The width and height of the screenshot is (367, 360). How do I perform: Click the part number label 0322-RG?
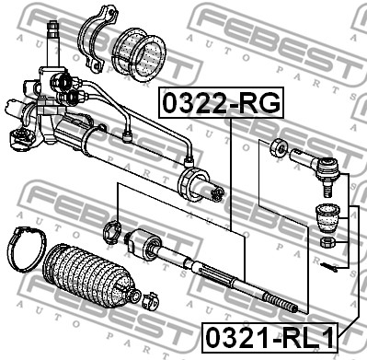pyautogui.click(x=221, y=103)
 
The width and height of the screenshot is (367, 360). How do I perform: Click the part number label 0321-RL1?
pyautogui.click(x=270, y=337)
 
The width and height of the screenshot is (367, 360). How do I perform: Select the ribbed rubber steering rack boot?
pyautogui.click(x=89, y=276)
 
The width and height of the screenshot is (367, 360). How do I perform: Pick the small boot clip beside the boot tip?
pyautogui.click(x=150, y=299)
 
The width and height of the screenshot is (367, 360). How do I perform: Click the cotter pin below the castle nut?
pyautogui.click(x=328, y=267)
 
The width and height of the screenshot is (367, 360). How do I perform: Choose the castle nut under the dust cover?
pyautogui.click(x=327, y=243)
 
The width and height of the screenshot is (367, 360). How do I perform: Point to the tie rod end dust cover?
pyautogui.click(x=327, y=217)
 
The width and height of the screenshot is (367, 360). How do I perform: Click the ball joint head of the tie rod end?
pyautogui.click(x=327, y=168)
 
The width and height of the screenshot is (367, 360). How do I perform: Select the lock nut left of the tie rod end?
pyautogui.click(x=279, y=147)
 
